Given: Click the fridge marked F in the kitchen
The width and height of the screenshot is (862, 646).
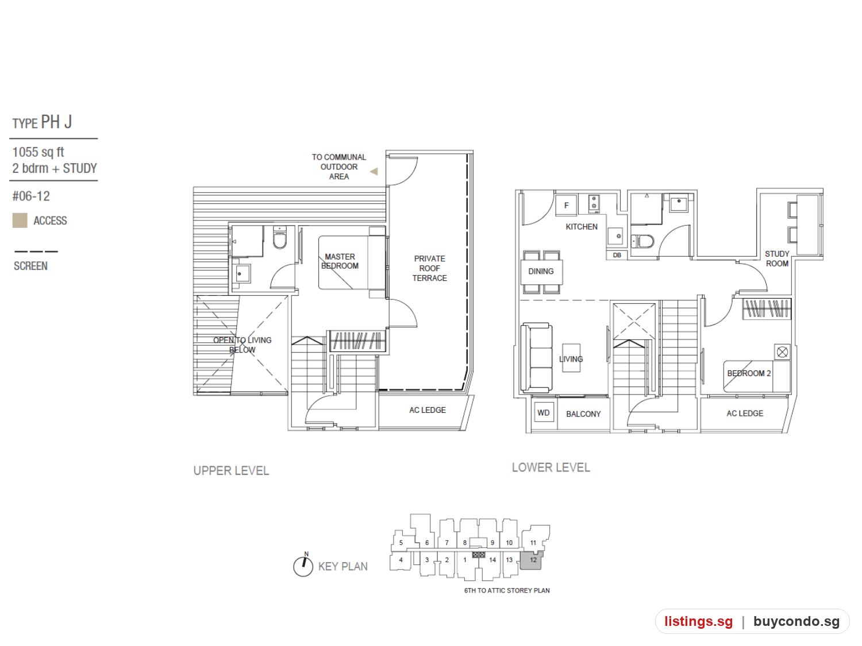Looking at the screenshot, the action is pyautogui.click(x=565, y=205).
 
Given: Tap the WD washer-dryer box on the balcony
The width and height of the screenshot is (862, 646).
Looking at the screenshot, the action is pyautogui.click(x=543, y=412).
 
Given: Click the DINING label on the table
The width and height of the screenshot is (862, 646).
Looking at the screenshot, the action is pyautogui.click(x=540, y=271).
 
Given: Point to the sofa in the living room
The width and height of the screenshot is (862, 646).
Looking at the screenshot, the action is pyautogui.click(x=536, y=358).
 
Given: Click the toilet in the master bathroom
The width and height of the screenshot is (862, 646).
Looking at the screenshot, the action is pyautogui.click(x=279, y=238).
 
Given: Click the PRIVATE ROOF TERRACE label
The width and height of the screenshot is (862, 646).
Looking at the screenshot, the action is pyautogui.click(x=429, y=268).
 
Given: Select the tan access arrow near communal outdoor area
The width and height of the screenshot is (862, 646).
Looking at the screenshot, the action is pyautogui.click(x=374, y=171).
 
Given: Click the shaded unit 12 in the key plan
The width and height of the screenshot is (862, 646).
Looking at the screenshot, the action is pyautogui.click(x=532, y=560).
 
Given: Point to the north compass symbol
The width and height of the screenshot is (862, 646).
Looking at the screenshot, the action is pyautogui.click(x=303, y=565).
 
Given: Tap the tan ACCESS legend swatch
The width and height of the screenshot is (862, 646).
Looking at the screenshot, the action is pyautogui.click(x=20, y=221).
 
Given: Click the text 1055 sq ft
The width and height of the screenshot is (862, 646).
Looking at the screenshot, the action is pyautogui.click(x=38, y=152).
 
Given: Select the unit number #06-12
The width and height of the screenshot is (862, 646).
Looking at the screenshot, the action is pyautogui.click(x=31, y=196).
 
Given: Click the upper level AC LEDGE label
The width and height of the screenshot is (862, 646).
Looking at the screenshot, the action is pyautogui.click(x=428, y=410).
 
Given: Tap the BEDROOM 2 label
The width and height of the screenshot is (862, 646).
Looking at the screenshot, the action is pyautogui.click(x=749, y=373).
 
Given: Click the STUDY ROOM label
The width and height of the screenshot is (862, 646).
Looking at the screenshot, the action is pyautogui.click(x=776, y=258).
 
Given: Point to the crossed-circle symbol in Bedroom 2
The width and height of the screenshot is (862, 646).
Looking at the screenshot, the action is pyautogui.click(x=782, y=352).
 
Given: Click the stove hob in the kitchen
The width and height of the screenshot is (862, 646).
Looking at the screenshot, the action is pyautogui.click(x=594, y=204).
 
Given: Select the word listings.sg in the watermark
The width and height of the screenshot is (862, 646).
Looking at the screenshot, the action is pyautogui.click(x=698, y=621).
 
